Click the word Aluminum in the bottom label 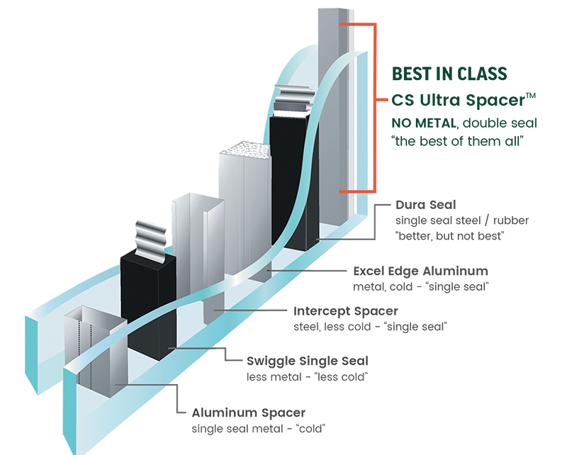point(219,413)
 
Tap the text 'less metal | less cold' point(305,377)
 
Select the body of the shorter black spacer point(148,305)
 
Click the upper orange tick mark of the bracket point(355,26)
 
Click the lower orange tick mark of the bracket point(355,191)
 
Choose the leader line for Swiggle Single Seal point(206,348)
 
